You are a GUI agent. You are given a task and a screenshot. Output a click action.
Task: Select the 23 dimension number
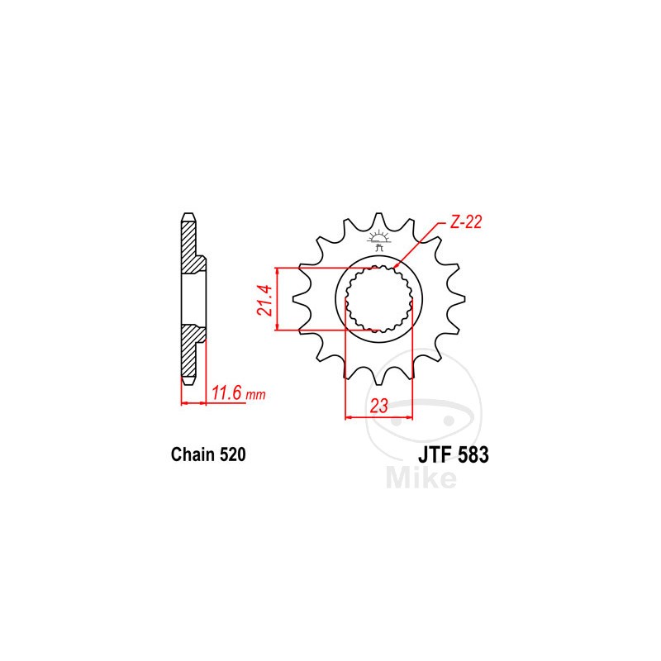(378, 407)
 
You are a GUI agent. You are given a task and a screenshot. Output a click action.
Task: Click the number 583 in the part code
(475, 454)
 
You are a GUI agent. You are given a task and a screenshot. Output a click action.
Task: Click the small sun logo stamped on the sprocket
(380, 240)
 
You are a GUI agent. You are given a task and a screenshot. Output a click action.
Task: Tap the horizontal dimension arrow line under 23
(378, 417)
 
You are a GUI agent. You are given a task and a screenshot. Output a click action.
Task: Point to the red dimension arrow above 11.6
(193, 402)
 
